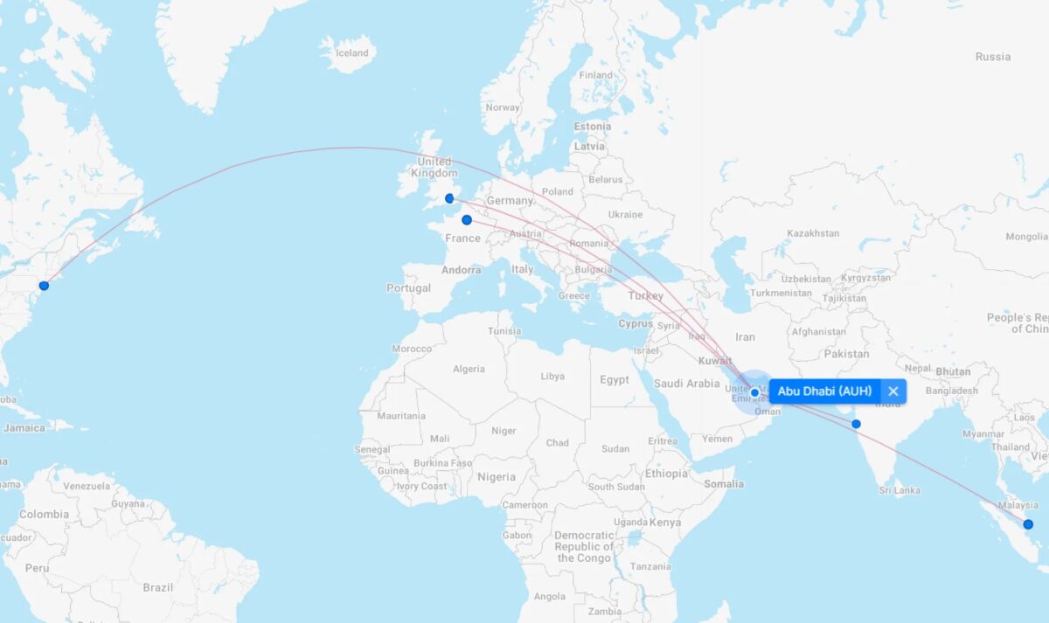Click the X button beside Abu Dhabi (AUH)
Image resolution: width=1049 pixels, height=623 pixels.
point(893,391)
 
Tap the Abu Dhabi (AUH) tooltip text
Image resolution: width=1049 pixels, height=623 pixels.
point(824,391)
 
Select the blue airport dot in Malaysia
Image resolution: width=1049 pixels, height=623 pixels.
point(1028,524)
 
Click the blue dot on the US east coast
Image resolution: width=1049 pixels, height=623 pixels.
point(44,286)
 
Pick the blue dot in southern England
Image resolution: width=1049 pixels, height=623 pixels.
point(449,198)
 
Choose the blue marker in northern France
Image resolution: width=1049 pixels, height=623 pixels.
point(467,220)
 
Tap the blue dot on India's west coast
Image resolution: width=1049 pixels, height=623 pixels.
point(856,424)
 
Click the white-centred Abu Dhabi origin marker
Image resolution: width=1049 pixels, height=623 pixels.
point(754,392)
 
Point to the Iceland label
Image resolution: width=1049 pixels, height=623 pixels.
point(352,53)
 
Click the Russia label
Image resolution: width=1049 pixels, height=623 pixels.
point(992,57)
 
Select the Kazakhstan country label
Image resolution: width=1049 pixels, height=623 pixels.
point(812,233)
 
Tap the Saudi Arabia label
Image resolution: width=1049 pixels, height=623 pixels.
point(686,383)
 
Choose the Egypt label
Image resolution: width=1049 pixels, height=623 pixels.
point(614,380)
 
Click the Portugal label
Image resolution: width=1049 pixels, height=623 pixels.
point(408,288)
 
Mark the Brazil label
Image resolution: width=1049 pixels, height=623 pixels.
point(158,587)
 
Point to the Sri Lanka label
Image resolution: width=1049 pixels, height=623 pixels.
point(900,490)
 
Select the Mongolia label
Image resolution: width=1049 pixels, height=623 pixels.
point(1025,237)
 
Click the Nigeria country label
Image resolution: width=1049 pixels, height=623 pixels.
point(496,477)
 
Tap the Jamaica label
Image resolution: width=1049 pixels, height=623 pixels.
point(24,428)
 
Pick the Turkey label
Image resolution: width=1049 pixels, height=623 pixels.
point(645,295)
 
